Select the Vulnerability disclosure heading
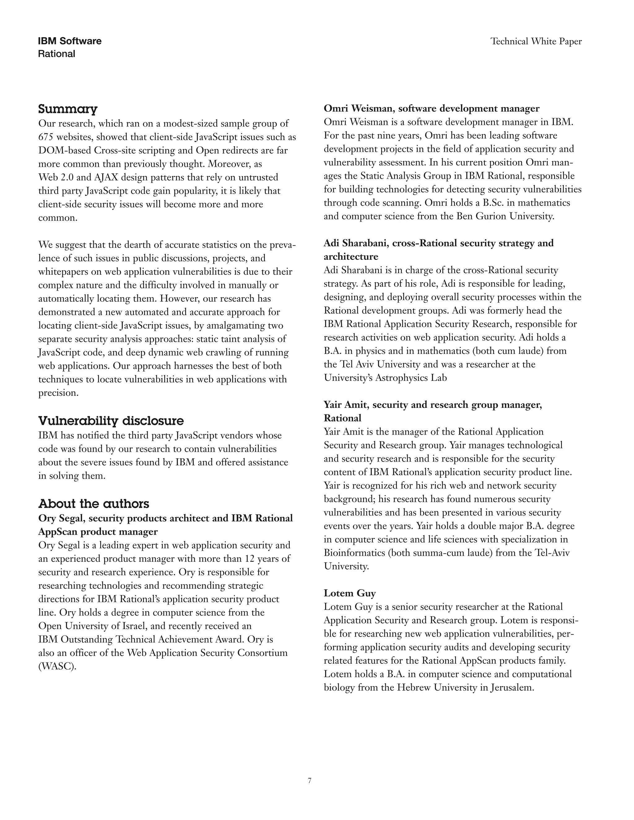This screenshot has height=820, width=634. [111, 421]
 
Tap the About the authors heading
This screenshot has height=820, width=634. [93, 503]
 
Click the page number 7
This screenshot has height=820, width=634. [310, 781]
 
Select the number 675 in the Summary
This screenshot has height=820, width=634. [46, 137]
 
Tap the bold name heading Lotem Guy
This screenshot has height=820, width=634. [350, 593]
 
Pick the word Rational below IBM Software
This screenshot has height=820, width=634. [56, 54]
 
